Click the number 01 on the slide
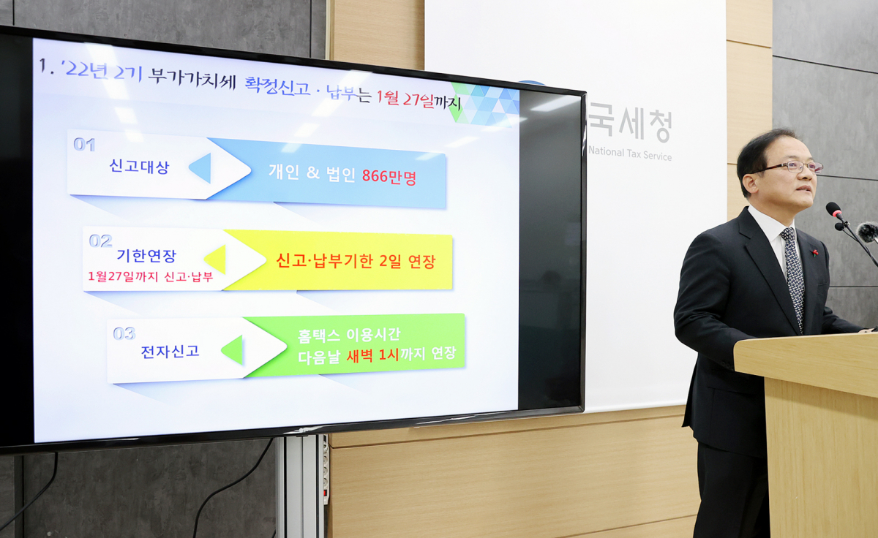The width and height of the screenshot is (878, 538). pyautogui.click(x=84, y=145)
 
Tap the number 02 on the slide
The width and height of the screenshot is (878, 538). pyautogui.click(x=100, y=240)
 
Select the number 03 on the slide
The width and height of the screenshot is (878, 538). pyautogui.click(x=124, y=333)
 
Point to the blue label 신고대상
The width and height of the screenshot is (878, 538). pyautogui.click(x=139, y=167)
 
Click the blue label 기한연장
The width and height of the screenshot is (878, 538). pyautogui.click(x=146, y=256)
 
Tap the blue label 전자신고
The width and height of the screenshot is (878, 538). pyautogui.click(x=170, y=351)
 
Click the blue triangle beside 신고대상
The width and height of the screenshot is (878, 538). pyautogui.click(x=201, y=168)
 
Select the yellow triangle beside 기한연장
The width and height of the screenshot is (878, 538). pyautogui.click(x=216, y=259)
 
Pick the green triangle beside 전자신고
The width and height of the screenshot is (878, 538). pyautogui.click(x=233, y=349)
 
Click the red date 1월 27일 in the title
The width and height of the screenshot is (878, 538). pyautogui.click(x=405, y=99)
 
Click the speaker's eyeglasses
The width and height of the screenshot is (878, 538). pyautogui.click(x=791, y=167)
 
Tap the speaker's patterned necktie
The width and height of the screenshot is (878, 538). pyautogui.click(x=793, y=274)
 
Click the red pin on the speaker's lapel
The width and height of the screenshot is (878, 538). pyautogui.click(x=814, y=253)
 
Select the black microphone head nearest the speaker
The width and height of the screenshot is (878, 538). pyautogui.click(x=834, y=211)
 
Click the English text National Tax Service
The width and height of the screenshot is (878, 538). pyautogui.click(x=630, y=154)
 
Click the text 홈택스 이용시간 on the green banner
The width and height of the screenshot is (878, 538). pyautogui.click(x=349, y=335)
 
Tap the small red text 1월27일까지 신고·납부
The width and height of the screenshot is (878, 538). pyautogui.click(x=150, y=276)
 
